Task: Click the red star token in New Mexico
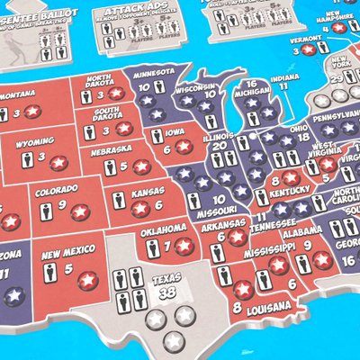87,280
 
